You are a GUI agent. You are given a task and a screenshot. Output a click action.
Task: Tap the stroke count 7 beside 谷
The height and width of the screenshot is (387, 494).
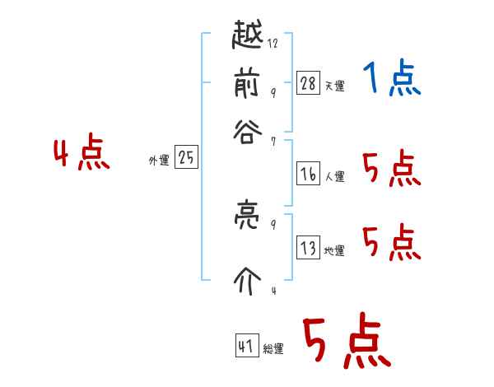(273, 142)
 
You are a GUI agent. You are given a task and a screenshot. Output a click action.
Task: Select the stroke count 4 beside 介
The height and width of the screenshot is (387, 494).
(273, 291)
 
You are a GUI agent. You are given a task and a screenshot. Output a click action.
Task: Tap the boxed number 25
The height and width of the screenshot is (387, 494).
(186, 158)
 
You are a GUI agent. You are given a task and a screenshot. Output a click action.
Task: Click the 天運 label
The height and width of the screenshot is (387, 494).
(334, 86)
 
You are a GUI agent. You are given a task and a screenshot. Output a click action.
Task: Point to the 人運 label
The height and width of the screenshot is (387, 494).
(334, 176)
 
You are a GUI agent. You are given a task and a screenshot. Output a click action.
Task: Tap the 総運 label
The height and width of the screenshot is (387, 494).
(273, 348)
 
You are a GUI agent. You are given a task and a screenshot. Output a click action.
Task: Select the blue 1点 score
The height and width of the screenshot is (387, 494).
(391, 79)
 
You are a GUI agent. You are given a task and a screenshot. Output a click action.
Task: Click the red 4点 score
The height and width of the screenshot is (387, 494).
(82, 155)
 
